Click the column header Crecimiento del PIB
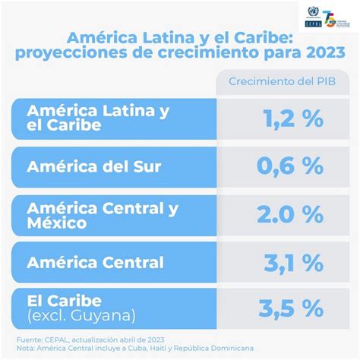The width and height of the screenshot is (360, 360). [282, 81]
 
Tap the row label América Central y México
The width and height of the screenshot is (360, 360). [103, 214]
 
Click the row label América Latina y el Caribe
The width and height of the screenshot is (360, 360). [97, 118]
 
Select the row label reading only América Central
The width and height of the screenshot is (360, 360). [95, 263]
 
